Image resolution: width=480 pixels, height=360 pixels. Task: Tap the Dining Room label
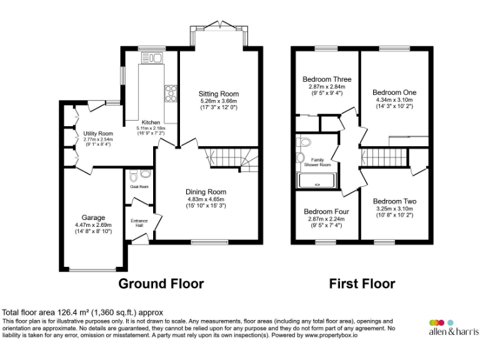(x=206, y=192)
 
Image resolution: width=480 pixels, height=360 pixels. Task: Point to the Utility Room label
(x=98, y=133)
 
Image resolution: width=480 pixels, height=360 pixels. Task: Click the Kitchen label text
(x=151, y=122)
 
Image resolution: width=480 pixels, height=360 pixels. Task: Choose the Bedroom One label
(x=394, y=92)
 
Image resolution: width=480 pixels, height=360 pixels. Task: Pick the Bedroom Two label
(x=394, y=201)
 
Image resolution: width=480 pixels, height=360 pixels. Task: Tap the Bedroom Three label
(x=327, y=79)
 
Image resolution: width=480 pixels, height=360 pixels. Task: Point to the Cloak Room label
(x=139, y=186)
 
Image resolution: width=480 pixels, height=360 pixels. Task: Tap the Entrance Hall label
(x=139, y=223)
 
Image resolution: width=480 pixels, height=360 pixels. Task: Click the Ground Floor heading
(x=161, y=284)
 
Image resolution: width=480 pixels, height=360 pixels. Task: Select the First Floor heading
(x=362, y=284)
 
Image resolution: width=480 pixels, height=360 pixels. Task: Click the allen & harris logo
(x=453, y=327)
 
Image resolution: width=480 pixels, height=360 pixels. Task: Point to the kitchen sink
(x=154, y=59)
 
